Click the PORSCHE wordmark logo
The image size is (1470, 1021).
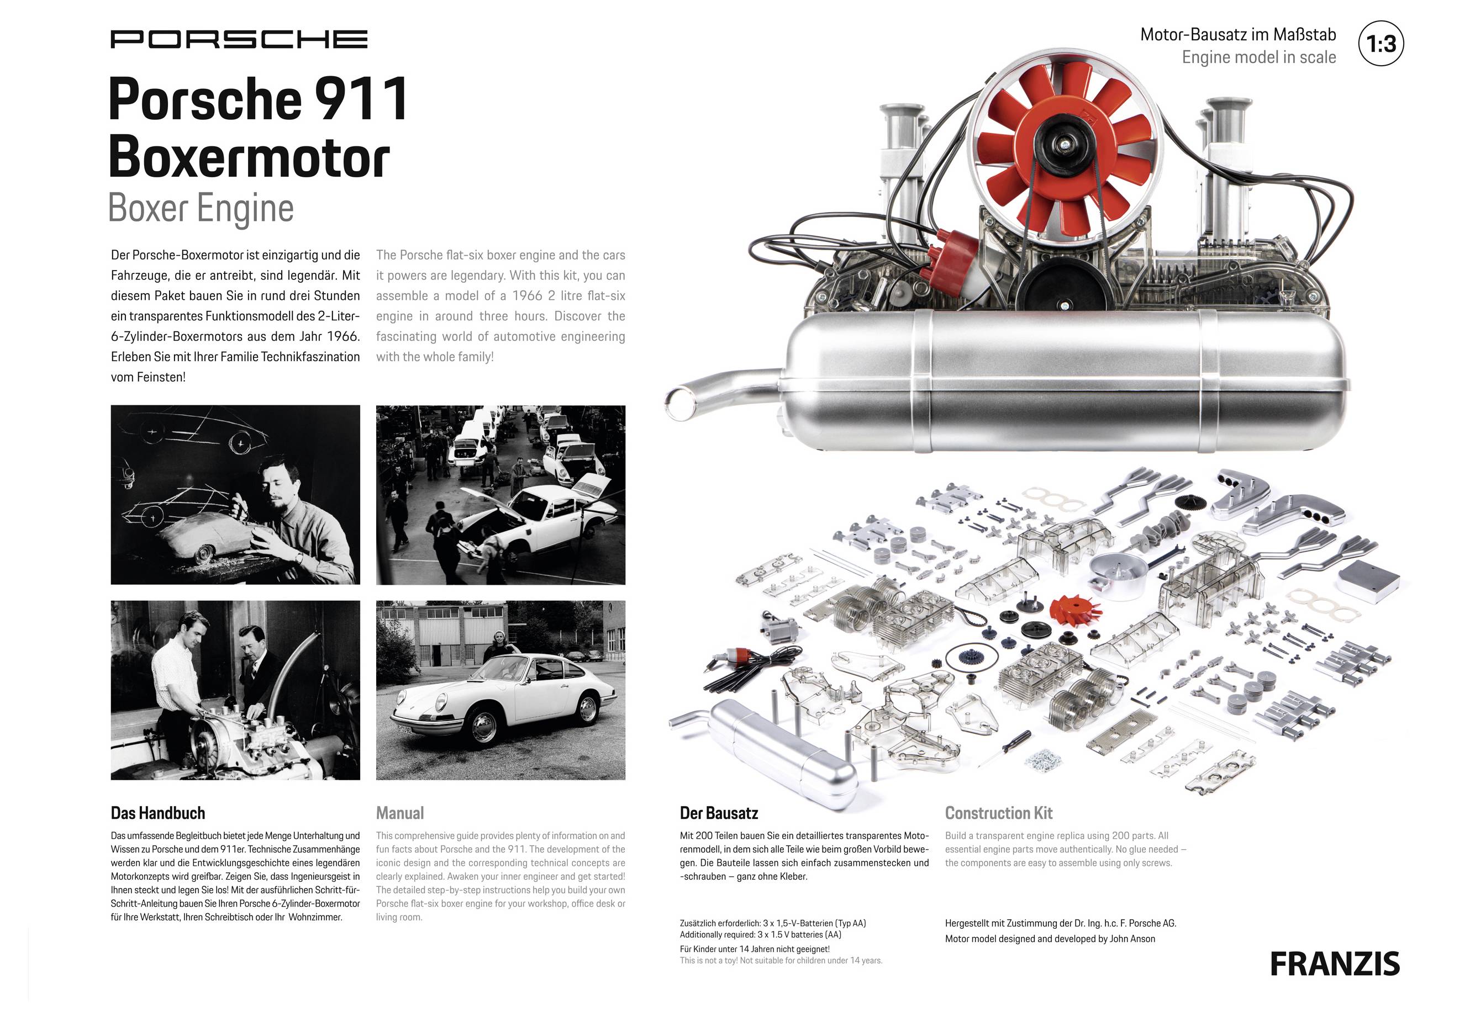[x=239, y=39]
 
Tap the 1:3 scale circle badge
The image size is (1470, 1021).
[x=1381, y=44]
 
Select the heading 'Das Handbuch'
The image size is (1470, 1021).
[x=157, y=813]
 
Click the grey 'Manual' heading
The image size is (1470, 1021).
[x=399, y=813]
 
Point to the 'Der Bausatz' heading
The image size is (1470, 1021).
[x=718, y=813]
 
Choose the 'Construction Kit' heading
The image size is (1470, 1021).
[x=998, y=813]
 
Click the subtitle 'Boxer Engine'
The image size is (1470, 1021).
[x=201, y=209]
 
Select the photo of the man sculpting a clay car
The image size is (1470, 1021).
[x=235, y=495]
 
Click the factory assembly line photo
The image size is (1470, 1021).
[x=500, y=495]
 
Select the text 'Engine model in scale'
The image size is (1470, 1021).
[x=1258, y=57]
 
